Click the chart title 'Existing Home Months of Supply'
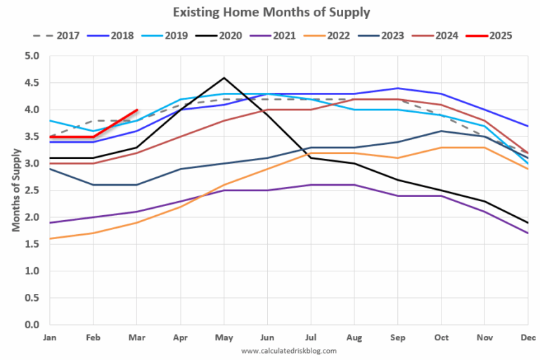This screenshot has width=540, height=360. (271, 12)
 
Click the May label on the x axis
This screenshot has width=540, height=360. (224, 337)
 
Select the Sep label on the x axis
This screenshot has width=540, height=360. (398, 337)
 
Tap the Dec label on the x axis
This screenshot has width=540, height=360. (527, 337)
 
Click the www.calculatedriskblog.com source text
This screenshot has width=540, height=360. (288, 350)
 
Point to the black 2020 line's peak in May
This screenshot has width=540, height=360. (224, 77)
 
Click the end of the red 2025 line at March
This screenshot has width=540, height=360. (136, 110)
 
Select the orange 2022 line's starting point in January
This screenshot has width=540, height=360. (49, 238)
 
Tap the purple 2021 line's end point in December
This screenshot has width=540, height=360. (529, 233)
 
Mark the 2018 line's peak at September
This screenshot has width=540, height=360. (398, 88)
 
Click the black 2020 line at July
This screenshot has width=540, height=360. (311, 157)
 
